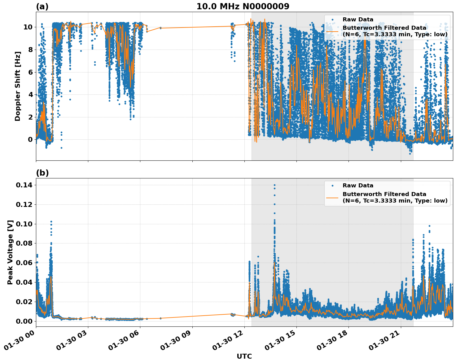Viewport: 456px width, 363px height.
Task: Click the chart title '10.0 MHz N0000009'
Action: tap(243, 7)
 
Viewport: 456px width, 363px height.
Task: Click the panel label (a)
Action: tap(42, 7)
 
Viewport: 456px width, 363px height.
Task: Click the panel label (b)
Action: tap(42, 173)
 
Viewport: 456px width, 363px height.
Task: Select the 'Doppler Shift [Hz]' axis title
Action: tap(18, 86)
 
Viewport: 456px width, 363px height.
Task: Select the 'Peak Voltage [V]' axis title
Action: tap(10, 252)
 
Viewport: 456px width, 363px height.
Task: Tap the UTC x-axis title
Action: tap(244, 356)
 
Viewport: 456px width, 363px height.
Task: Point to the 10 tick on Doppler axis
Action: tap(28, 27)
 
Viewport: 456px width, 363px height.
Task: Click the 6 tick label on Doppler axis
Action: tap(30, 72)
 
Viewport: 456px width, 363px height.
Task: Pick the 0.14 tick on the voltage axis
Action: tap(24, 185)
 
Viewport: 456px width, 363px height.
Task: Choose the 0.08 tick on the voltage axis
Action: tap(24, 243)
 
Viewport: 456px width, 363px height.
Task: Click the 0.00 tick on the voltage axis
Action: tap(24, 321)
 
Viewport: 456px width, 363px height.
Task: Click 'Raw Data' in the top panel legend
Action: tap(358, 20)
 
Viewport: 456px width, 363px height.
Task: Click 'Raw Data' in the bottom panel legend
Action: tap(358, 186)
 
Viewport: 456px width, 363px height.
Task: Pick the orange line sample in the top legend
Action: tap(332, 31)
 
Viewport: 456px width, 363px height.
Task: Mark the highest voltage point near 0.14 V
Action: tap(274, 185)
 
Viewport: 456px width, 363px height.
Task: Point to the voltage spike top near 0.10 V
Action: tap(51, 222)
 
